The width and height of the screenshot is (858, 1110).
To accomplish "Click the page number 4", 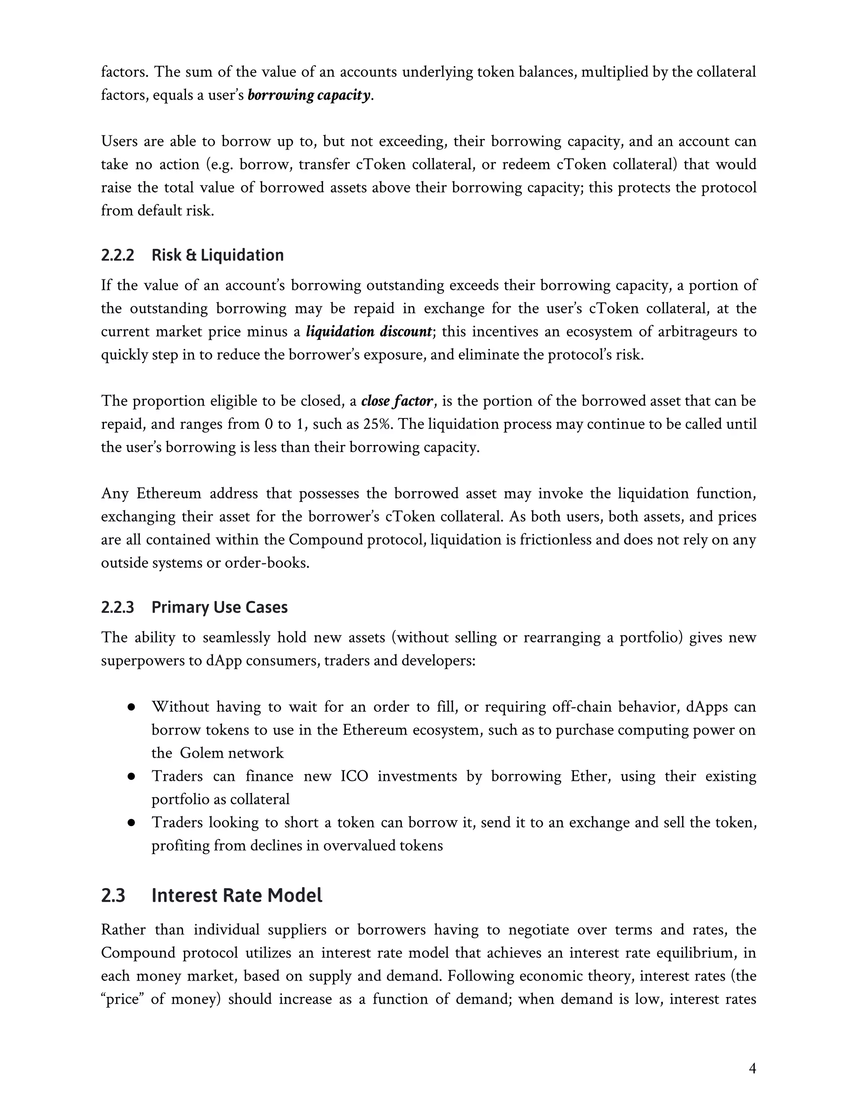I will click(752, 1069).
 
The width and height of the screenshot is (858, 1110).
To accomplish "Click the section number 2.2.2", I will click(117, 255).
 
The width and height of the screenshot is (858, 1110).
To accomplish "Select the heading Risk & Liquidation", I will click(217, 255).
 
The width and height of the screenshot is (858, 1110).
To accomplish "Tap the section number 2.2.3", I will click(117, 607).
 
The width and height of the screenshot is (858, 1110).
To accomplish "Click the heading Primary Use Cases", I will click(220, 607).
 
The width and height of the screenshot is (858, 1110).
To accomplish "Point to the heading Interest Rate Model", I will click(237, 896).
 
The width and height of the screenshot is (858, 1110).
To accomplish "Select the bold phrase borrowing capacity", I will click(308, 95).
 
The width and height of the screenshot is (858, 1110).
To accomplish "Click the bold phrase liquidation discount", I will click(369, 331).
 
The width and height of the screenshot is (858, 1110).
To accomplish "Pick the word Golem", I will click(202, 753).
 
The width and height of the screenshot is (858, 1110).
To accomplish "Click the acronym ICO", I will click(354, 776).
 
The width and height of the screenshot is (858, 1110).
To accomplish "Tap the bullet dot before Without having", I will click(131, 707).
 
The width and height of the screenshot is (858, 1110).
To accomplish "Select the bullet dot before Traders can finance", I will click(131, 777).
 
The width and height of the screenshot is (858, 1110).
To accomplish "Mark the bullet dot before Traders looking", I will click(131, 823).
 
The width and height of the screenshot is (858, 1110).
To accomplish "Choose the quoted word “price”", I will click(124, 999).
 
